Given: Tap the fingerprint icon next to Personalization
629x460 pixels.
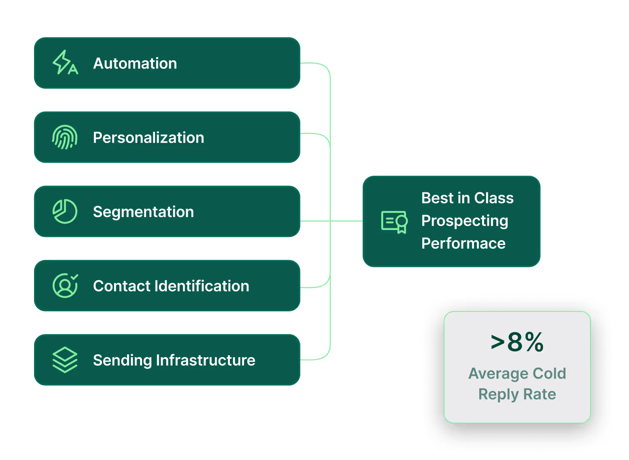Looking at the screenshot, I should point(65,137).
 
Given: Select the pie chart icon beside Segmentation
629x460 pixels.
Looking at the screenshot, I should point(65,211).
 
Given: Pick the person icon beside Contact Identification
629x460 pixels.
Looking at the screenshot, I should point(65,285).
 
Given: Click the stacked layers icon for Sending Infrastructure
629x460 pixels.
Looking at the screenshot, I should point(65,360).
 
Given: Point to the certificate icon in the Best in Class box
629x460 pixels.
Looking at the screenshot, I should point(394,221).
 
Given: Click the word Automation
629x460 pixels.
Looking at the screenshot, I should point(135,64).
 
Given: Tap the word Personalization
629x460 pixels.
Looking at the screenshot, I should point(149,138).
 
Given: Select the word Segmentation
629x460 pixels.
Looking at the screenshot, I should point(143,212).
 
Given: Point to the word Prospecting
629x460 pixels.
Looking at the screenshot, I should point(464,221).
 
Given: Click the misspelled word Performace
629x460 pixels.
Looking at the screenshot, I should point(463,243).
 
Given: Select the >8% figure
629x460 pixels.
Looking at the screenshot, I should point(517,342).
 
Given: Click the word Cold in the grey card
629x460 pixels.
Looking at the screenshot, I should point(549,373).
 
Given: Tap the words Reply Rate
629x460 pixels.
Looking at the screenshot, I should point(517,394).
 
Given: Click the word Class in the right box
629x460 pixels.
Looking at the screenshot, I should point(494,198).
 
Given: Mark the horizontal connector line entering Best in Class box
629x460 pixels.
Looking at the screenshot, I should point(347,221).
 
